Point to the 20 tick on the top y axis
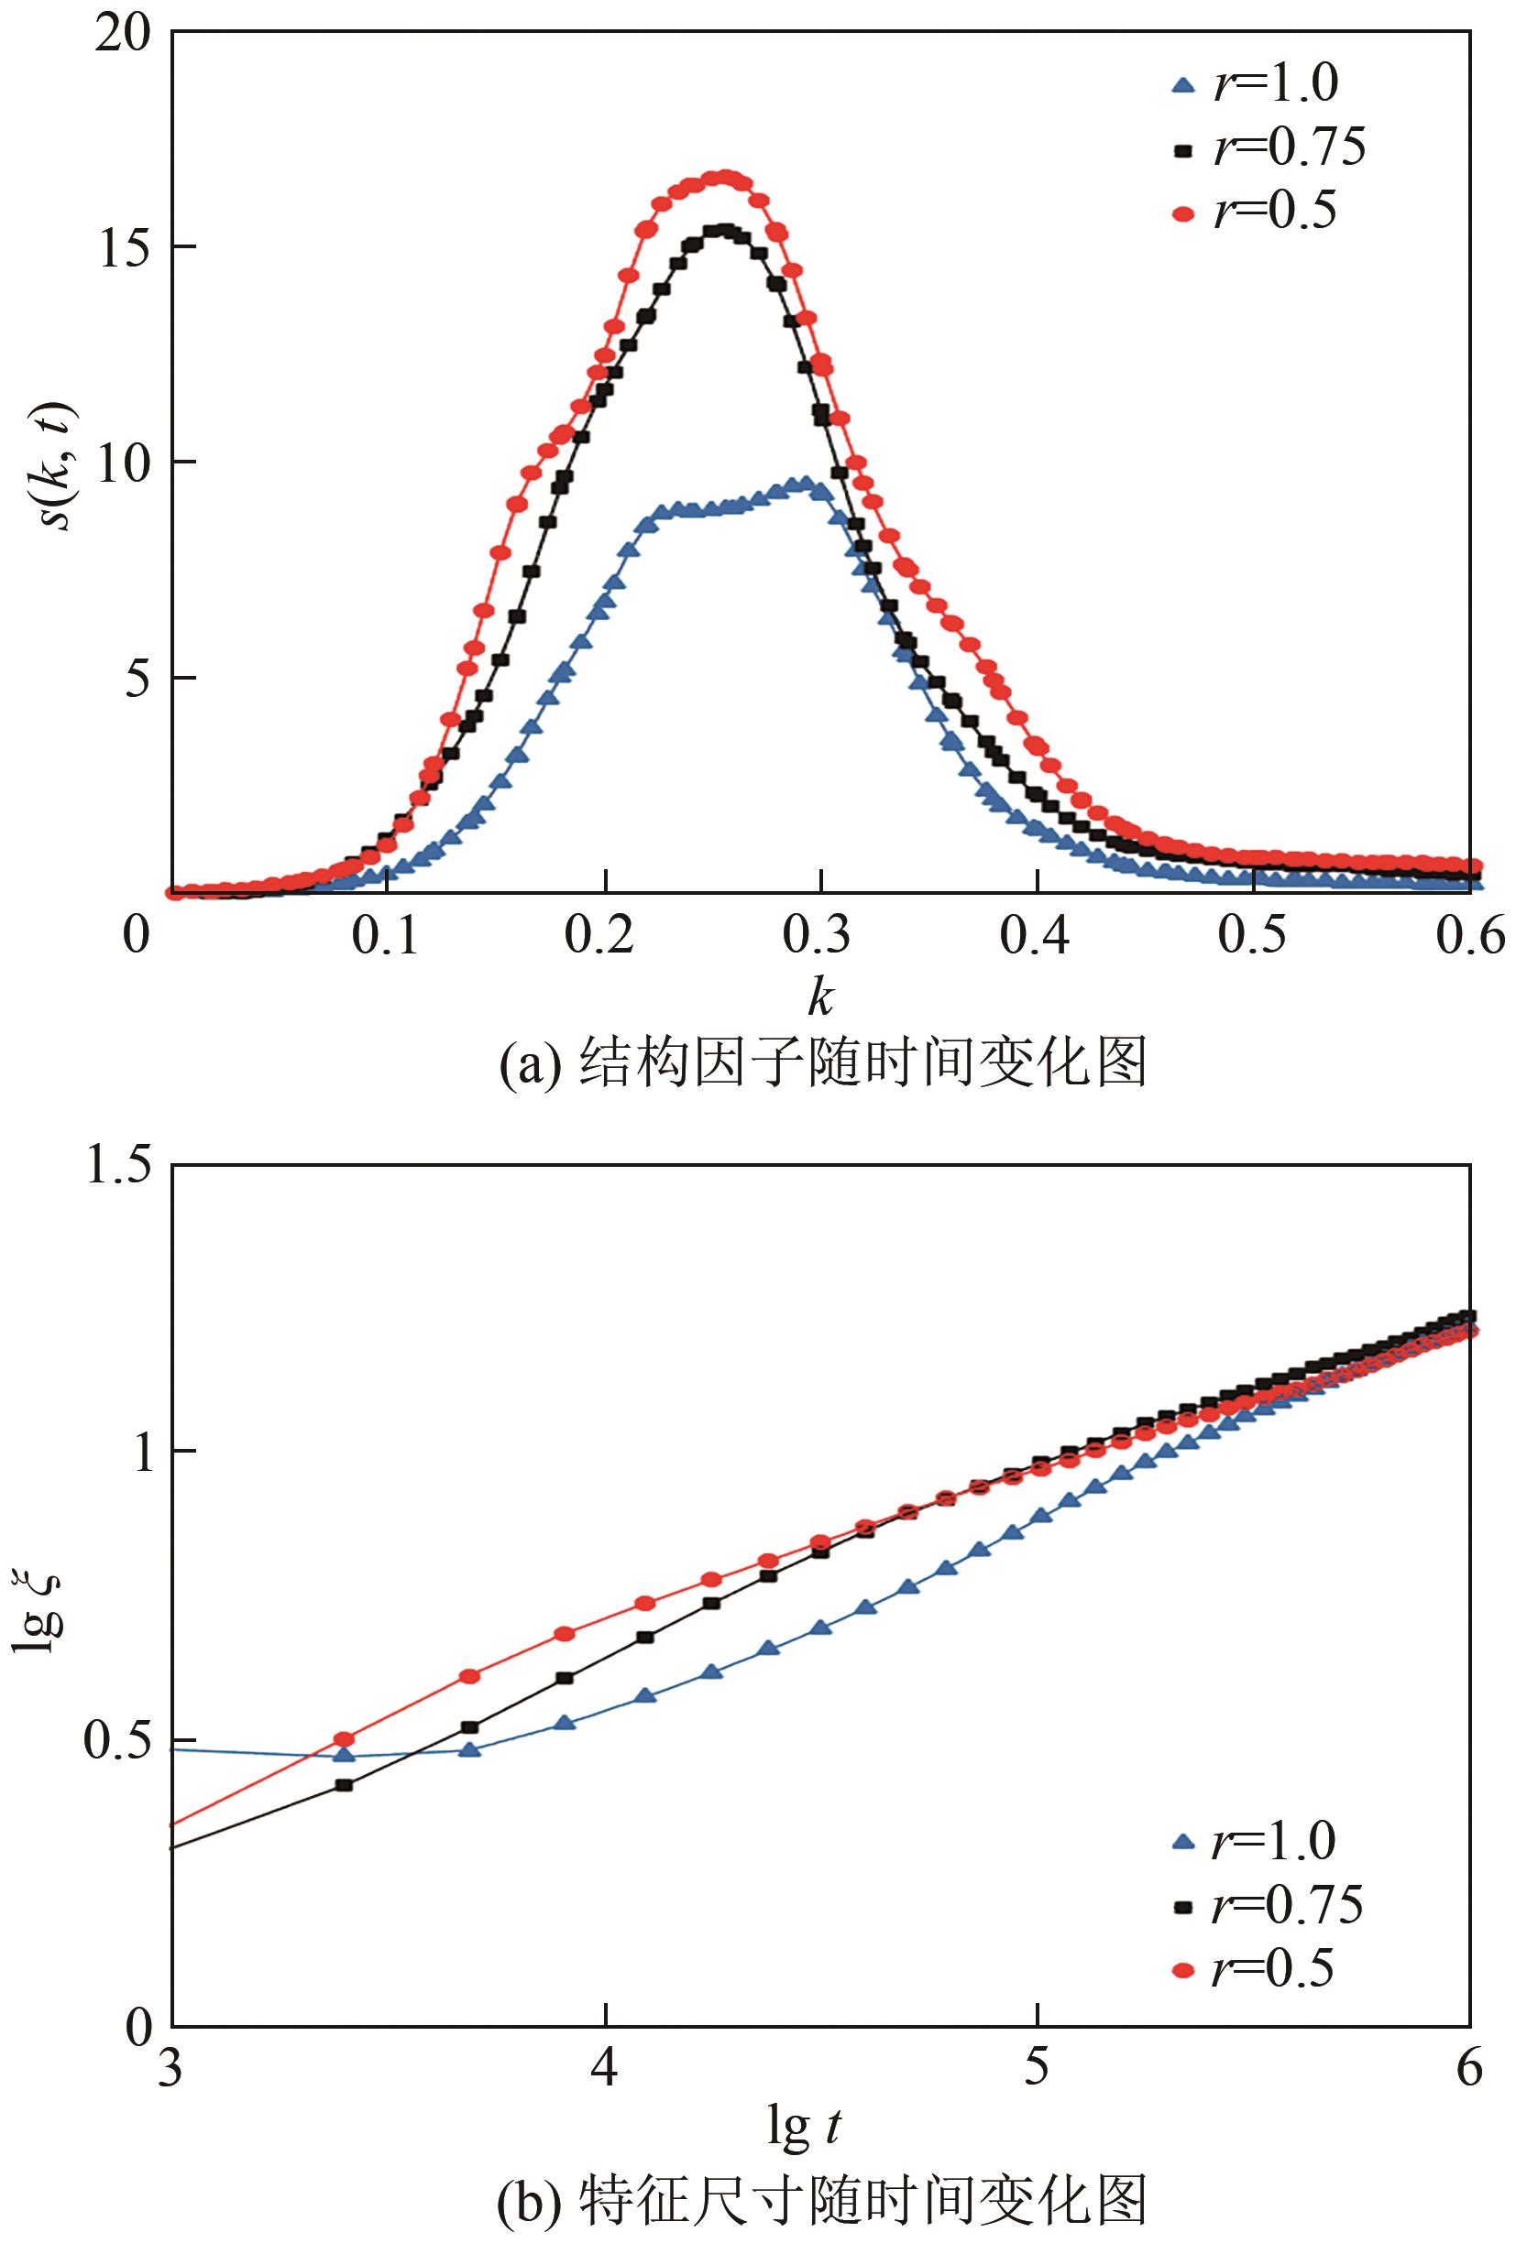click(125, 35)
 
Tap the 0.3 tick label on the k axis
click(818, 935)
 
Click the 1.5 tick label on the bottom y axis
click(118, 1166)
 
